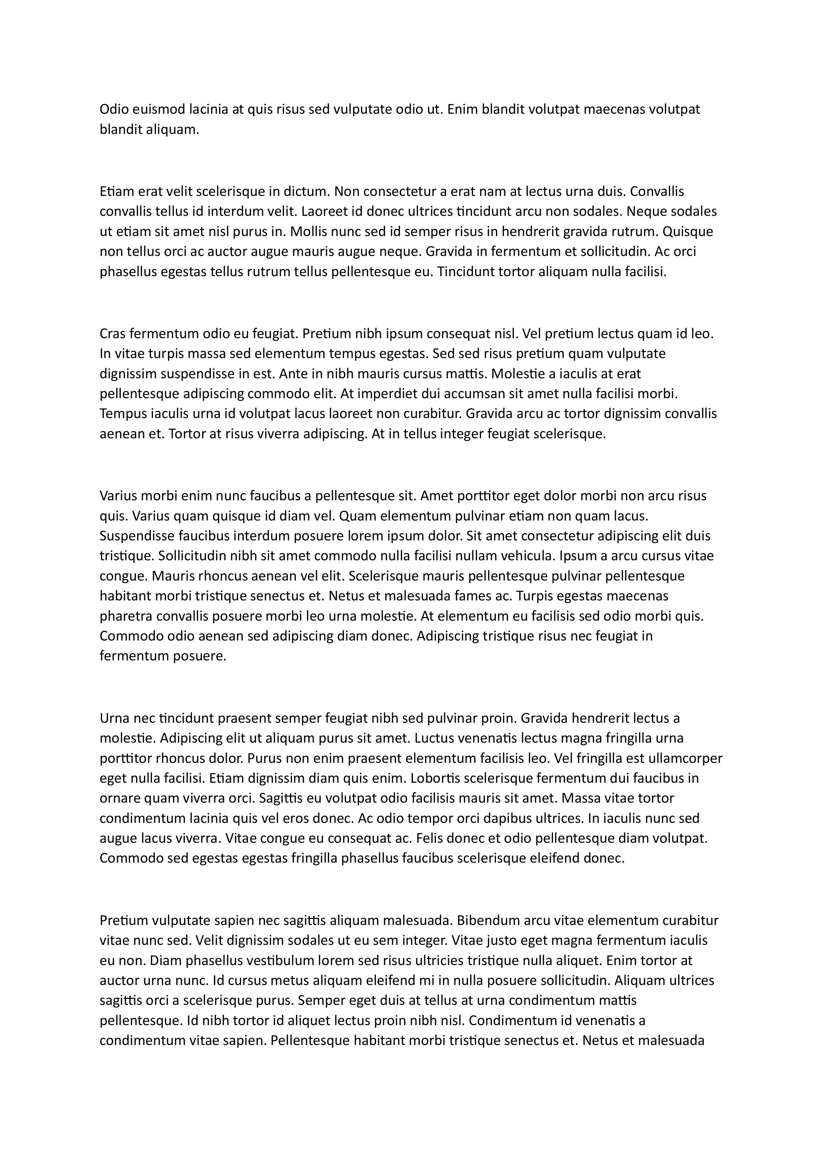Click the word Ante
point(292,374)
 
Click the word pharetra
point(123,616)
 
